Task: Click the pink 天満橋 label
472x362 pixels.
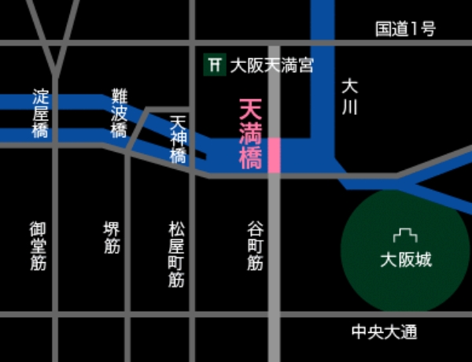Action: (250, 134)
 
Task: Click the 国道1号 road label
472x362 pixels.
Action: (405, 29)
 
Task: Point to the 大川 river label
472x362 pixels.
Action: (349, 96)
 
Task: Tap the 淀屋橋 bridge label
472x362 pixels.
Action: (40, 113)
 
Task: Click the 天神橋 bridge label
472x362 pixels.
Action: (179, 139)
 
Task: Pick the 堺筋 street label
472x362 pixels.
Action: (112, 237)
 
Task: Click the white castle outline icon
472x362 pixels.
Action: (406, 235)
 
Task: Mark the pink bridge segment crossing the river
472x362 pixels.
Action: (274, 155)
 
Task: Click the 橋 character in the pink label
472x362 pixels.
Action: (250, 160)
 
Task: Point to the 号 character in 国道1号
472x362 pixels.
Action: (427, 29)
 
